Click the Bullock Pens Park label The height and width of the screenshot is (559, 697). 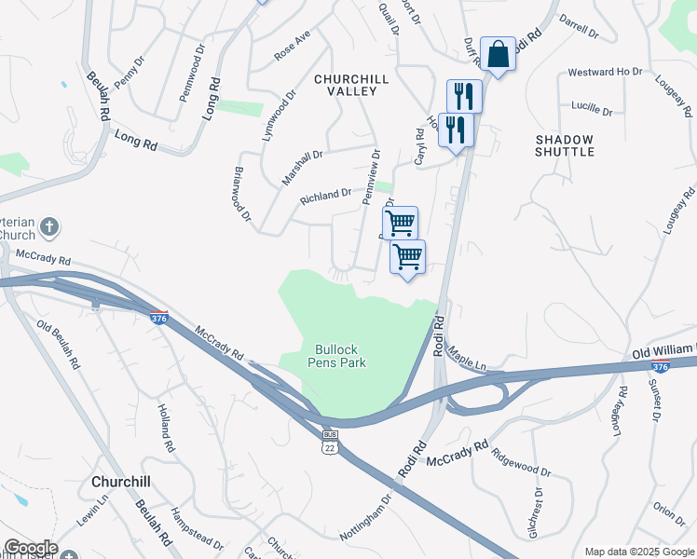tap(336, 355)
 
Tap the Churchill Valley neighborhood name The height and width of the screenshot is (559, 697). tap(345, 85)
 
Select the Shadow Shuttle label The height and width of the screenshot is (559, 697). tap(565, 145)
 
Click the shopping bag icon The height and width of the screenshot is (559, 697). tap(499, 55)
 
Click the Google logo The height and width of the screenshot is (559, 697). tap(30, 548)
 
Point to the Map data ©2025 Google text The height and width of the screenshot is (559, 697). tap(639, 552)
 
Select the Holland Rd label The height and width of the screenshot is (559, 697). tap(164, 423)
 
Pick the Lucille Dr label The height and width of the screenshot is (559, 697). tap(592, 111)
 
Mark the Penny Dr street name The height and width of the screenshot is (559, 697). tap(130, 73)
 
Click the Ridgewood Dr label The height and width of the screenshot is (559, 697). tap(521, 460)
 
